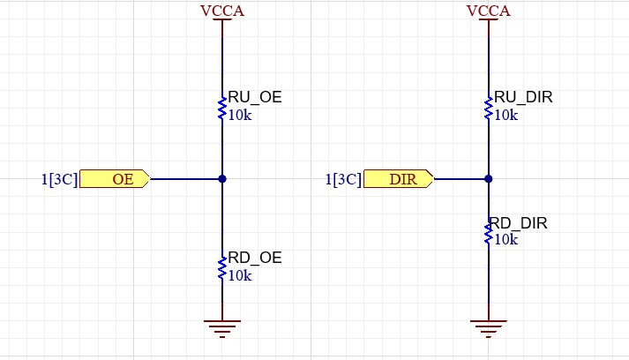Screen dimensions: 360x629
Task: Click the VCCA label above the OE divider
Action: pos(222,11)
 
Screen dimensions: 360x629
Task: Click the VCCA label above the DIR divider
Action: pos(488,11)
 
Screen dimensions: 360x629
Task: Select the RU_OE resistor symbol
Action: pos(222,108)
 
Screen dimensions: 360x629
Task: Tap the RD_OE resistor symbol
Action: pos(222,268)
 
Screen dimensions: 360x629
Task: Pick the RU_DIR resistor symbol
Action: pos(488,108)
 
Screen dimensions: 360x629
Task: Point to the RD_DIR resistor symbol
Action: pos(488,233)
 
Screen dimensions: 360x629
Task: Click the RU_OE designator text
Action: pos(255,97)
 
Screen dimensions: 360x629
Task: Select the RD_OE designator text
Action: pos(255,258)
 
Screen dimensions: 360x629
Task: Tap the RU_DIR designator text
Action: pos(523,97)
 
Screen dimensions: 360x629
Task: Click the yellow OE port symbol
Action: pos(116,179)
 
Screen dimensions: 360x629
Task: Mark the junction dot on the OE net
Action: pos(222,179)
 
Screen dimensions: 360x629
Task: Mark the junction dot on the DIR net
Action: pos(488,179)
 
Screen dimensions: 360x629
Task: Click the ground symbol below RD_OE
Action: pos(222,329)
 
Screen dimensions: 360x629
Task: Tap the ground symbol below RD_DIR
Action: pos(488,329)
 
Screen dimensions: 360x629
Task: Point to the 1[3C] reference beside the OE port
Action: pos(59,179)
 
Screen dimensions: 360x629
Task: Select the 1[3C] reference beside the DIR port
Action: pos(343,179)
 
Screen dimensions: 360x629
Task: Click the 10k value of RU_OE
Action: pos(240,115)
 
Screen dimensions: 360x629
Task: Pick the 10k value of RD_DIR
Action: pos(505,239)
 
